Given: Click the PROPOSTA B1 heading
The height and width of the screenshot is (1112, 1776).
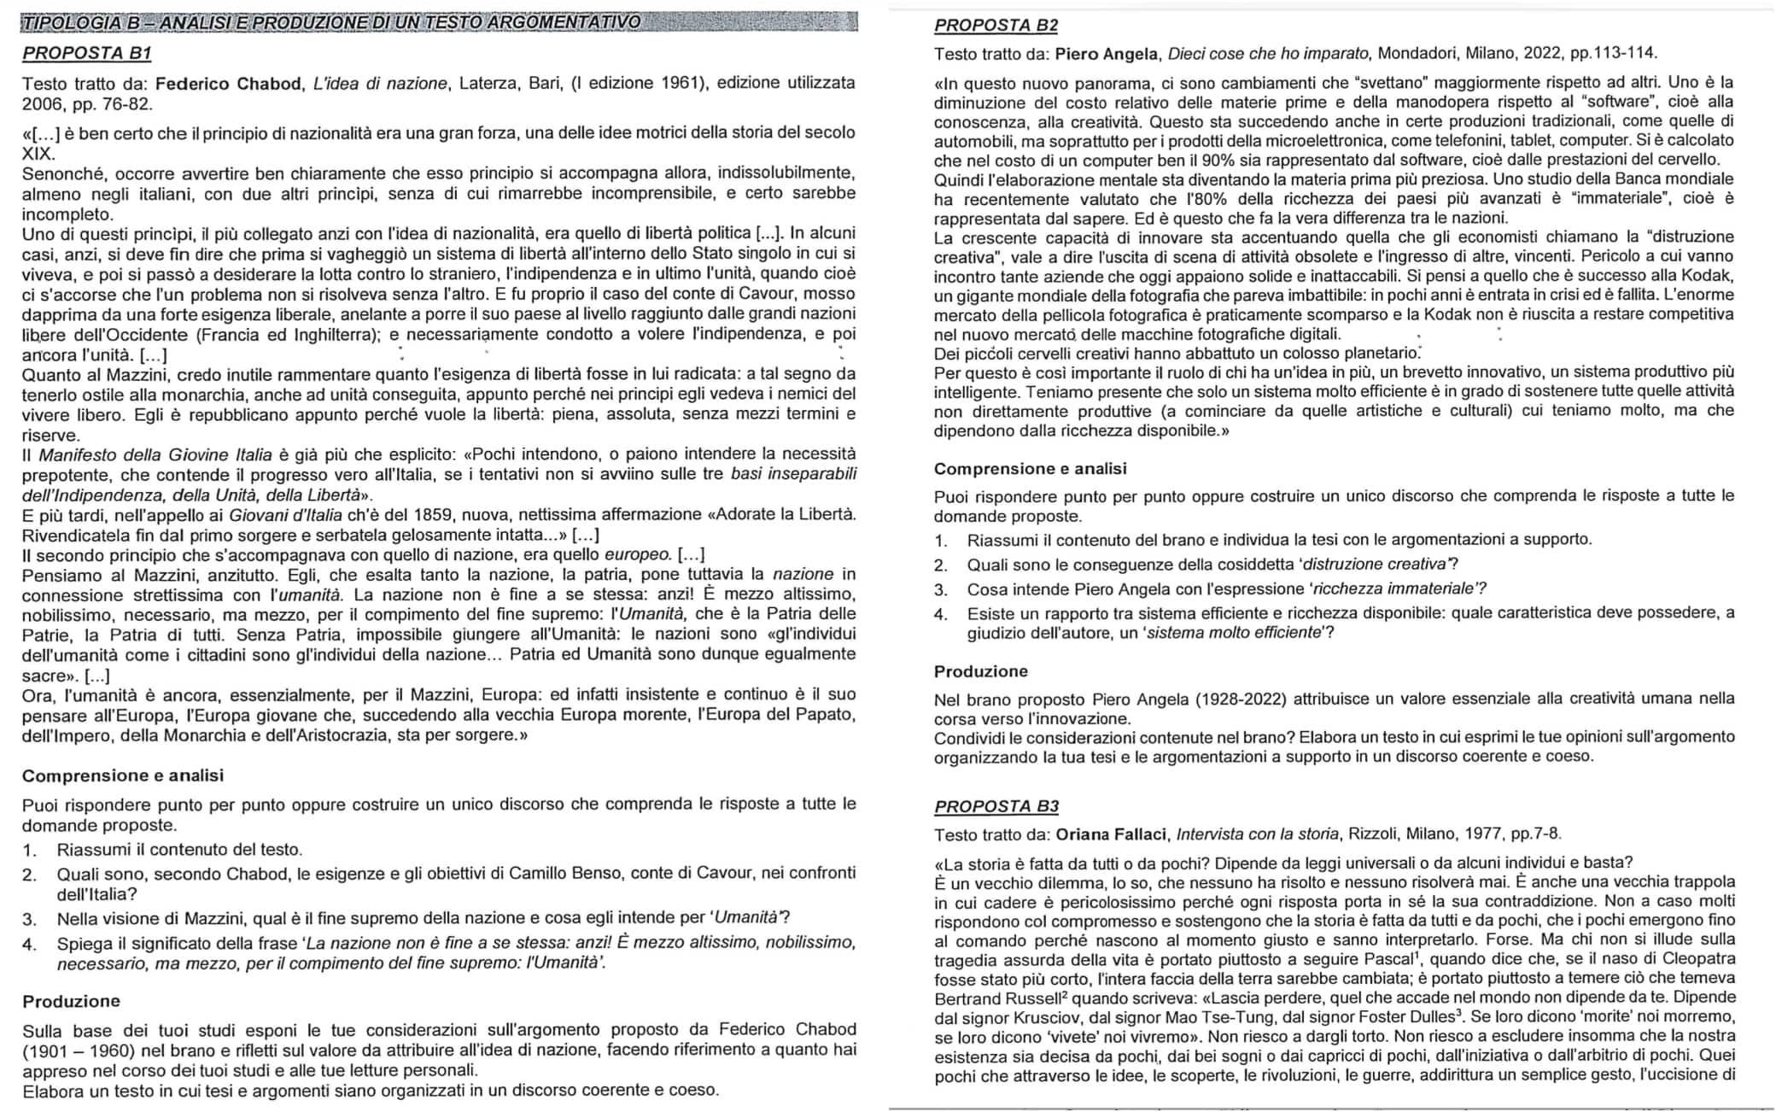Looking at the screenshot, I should [86, 53].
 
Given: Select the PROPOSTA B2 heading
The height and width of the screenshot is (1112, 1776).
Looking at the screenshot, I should [996, 26].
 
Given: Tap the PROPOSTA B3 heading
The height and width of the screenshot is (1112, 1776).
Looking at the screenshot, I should [996, 806].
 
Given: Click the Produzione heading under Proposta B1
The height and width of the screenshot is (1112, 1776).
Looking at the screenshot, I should [71, 1001].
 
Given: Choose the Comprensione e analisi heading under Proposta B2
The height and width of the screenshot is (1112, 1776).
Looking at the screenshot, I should [1030, 469].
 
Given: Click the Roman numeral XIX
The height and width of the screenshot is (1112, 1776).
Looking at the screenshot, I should [38, 155].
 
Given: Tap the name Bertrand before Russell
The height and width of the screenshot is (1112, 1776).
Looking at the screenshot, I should [966, 998].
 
